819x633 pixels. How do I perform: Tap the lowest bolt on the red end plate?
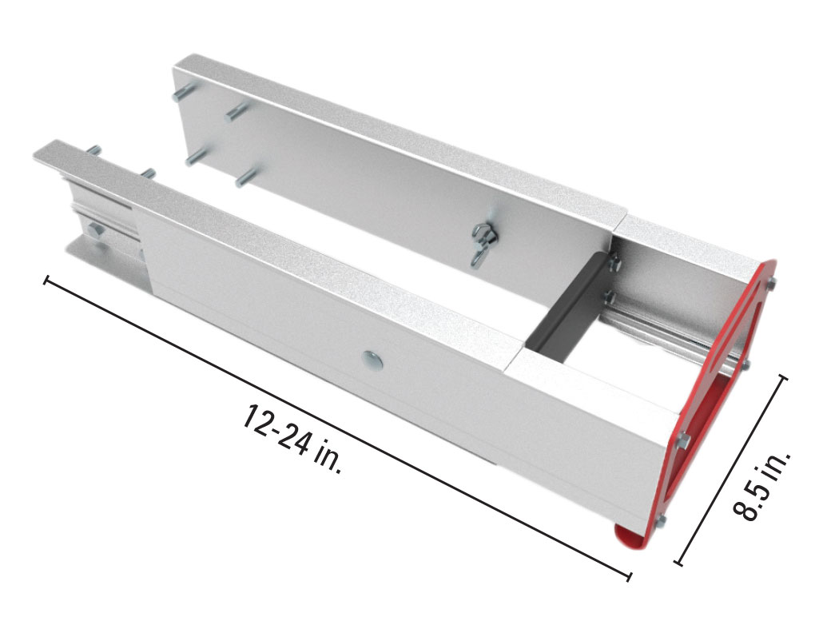coord(661,522)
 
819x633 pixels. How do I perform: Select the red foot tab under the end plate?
coord(630,536)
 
